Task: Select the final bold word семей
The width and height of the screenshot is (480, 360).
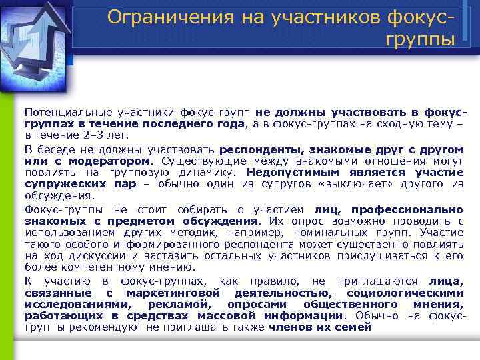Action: coord(356,328)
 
